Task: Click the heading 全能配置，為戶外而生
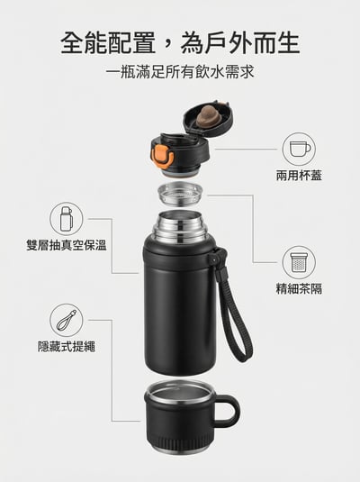click(x=180, y=42)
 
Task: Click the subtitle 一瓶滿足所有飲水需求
click(x=180, y=71)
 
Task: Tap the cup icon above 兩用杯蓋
click(x=299, y=149)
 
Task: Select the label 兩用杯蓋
click(x=299, y=176)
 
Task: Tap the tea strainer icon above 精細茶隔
click(x=299, y=262)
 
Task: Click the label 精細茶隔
click(x=299, y=289)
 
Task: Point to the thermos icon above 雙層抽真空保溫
click(x=66, y=218)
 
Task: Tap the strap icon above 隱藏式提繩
click(x=66, y=320)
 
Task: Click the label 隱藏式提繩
click(x=66, y=346)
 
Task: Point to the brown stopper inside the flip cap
click(x=208, y=114)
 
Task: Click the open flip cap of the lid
click(x=208, y=122)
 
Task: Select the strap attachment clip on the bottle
click(x=215, y=260)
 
